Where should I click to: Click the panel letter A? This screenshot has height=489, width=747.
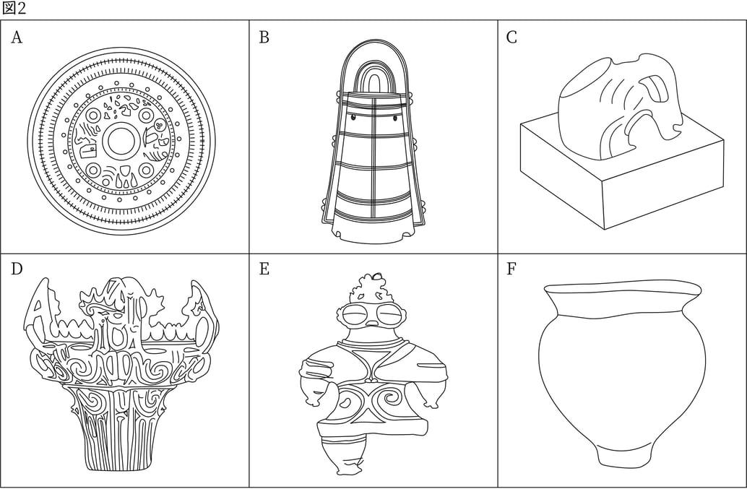[17, 37]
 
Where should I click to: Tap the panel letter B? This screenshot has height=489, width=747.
[264, 37]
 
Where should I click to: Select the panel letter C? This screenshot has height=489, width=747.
[511, 37]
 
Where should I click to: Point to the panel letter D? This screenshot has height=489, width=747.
[17, 269]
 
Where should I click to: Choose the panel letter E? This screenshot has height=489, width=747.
[264, 269]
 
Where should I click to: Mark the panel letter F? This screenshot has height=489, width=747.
[511, 269]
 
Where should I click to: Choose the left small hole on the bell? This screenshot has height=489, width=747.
[353, 117]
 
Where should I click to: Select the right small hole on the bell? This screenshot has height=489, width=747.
[395, 117]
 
